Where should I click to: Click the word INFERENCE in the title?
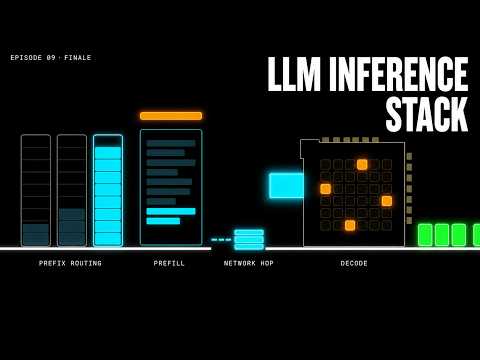399,74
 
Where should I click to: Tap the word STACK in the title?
427,114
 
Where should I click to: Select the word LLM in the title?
294,74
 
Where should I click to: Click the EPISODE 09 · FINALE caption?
51,58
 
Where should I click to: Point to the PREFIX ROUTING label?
70,263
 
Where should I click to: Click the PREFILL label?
169,263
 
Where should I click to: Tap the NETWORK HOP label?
249,263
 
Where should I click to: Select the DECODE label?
354,263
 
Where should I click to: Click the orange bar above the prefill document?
171,116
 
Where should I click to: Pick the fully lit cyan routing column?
108,190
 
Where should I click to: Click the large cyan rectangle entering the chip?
287,185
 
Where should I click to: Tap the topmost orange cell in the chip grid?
362,164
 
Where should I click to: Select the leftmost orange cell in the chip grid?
326,189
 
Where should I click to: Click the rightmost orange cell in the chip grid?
387,201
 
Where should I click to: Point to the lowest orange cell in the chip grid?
350,225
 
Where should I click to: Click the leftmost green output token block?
425,235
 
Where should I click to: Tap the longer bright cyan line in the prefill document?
171,211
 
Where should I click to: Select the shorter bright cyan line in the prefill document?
163,221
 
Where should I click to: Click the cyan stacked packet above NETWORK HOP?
249,240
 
